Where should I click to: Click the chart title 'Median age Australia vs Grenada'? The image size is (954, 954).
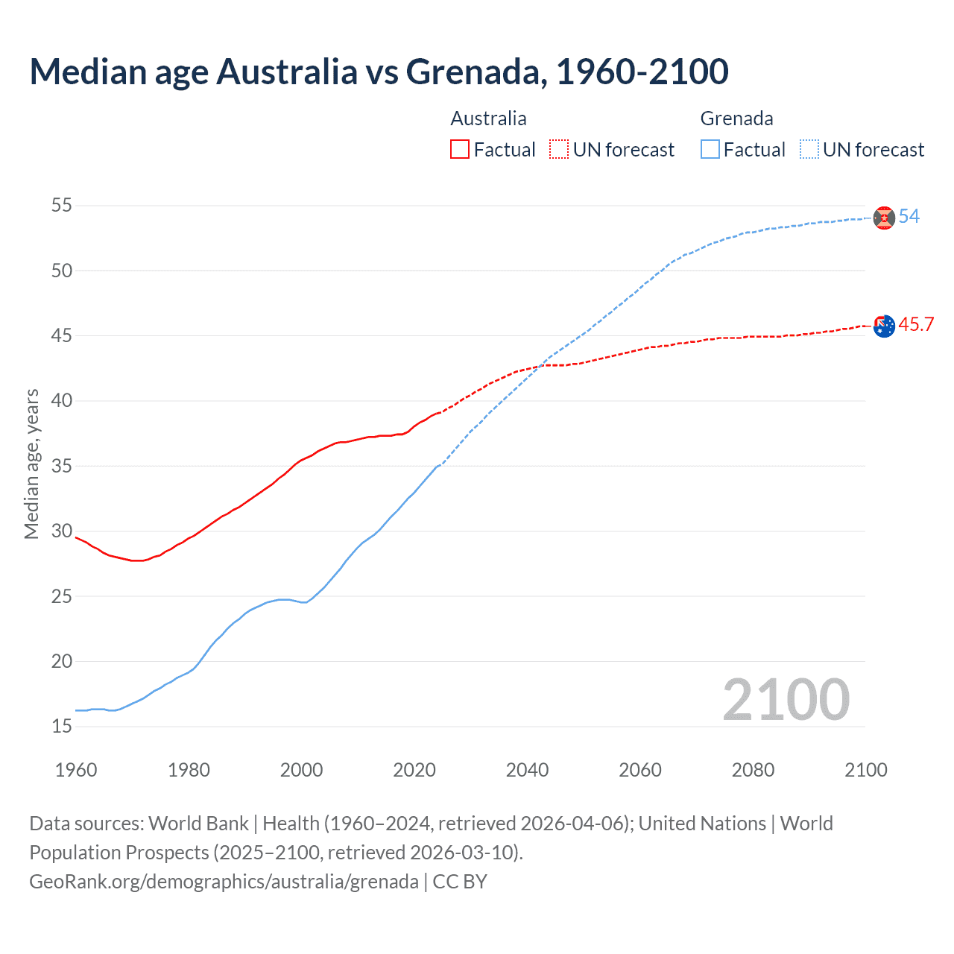[x=379, y=72]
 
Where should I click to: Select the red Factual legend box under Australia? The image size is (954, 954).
[x=460, y=150]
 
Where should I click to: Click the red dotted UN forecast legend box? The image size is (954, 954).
[x=559, y=150]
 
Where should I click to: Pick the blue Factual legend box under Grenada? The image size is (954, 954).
[x=710, y=150]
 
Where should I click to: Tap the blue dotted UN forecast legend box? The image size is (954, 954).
[x=809, y=150]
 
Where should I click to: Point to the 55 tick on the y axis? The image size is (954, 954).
[x=62, y=205]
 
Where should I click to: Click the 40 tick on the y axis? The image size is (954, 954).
[x=62, y=401]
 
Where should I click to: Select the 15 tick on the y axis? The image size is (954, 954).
[x=62, y=727]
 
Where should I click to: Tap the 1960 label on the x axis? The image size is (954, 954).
[x=76, y=770]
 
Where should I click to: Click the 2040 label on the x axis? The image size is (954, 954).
[x=527, y=770]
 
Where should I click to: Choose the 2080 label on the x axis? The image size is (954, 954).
[x=753, y=770]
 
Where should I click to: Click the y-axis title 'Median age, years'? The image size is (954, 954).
[x=31, y=464]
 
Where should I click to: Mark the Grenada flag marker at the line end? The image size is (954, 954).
[x=884, y=218]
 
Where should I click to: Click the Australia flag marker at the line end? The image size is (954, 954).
[x=884, y=326]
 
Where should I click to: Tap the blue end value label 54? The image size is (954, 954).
[x=909, y=217]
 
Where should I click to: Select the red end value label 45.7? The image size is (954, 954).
[x=916, y=325]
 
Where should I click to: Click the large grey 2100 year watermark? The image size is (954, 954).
[x=786, y=699]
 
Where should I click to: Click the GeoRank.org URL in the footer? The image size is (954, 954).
[x=224, y=882]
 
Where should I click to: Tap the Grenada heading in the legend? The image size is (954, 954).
[x=736, y=119]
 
